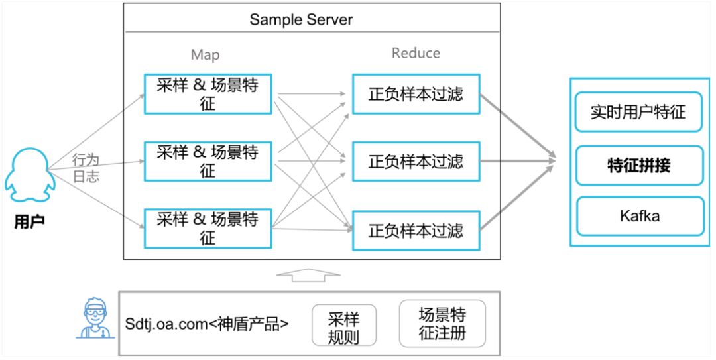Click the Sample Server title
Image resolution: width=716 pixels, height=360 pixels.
point(301,19)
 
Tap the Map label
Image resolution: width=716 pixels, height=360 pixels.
point(205,55)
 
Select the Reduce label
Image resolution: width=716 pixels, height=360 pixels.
point(416,53)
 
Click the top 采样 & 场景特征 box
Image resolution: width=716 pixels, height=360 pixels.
point(208,94)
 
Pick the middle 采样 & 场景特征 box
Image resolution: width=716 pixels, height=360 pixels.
point(208,161)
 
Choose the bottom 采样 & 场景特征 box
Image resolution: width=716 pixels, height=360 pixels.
point(208,228)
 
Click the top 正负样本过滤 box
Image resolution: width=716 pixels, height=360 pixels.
point(416,94)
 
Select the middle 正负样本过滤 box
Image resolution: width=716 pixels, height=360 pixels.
point(416,161)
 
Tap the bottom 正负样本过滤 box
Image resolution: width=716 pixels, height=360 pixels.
point(416,231)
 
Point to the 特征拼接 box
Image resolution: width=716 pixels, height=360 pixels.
point(638,165)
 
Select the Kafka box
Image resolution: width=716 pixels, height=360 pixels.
point(638,216)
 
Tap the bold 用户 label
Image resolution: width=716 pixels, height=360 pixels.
point(29,221)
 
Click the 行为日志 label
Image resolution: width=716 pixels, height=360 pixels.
point(86,168)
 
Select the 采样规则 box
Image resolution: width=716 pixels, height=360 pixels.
point(343,326)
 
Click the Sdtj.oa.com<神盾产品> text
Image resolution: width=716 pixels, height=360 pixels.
point(207,325)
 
